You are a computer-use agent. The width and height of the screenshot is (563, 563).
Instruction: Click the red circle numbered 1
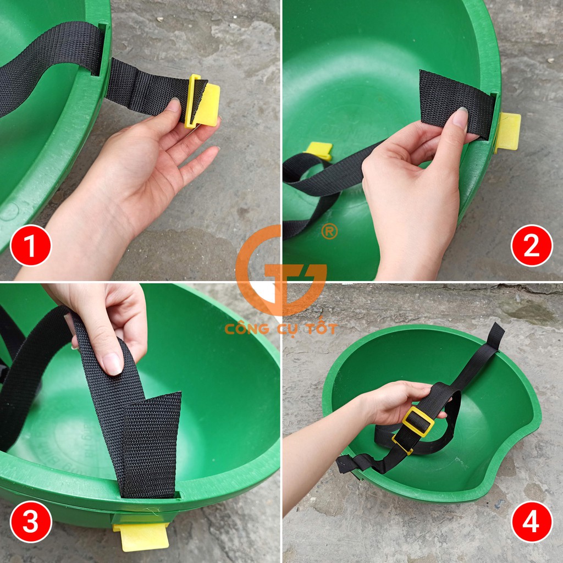coord(31,246)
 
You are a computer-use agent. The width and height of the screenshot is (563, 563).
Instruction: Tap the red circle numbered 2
coord(532,246)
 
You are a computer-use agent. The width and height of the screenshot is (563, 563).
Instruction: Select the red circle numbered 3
coord(31,522)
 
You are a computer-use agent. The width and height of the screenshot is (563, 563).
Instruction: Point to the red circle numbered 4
coord(531,522)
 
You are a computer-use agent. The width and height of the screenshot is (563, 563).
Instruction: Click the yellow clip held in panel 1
coord(202,102)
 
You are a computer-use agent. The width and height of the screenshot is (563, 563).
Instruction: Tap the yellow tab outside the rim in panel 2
coord(507,131)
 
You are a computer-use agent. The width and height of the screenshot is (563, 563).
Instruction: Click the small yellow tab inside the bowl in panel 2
coord(319,150)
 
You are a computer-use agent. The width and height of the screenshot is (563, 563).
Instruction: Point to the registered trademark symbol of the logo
coord(329,231)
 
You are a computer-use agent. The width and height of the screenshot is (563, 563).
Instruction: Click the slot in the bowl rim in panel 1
coord(101,49)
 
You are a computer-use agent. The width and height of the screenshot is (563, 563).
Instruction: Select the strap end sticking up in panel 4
coord(496,336)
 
